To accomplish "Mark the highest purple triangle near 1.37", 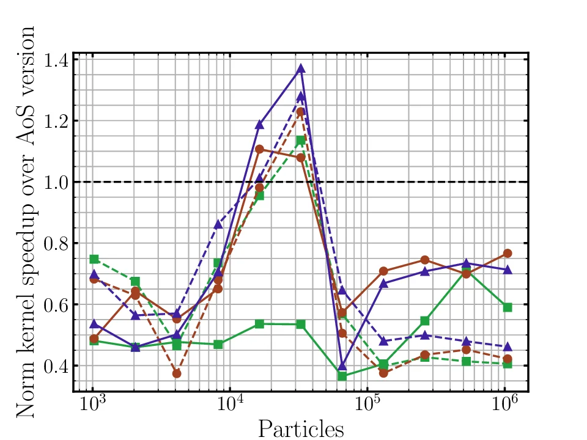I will (x=301, y=69).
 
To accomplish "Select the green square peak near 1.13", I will (x=301, y=141).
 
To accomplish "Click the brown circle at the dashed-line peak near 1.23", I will (x=301, y=112).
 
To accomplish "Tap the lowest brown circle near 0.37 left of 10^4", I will (x=177, y=373).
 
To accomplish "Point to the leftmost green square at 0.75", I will (x=94, y=259).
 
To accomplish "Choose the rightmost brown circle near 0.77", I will (x=507, y=253).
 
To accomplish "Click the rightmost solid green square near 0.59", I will (x=507, y=307).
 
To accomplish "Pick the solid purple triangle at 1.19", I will (x=259, y=125).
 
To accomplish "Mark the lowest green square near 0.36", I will (x=342, y=376).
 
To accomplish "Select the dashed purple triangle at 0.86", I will (x=218, y=224).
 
